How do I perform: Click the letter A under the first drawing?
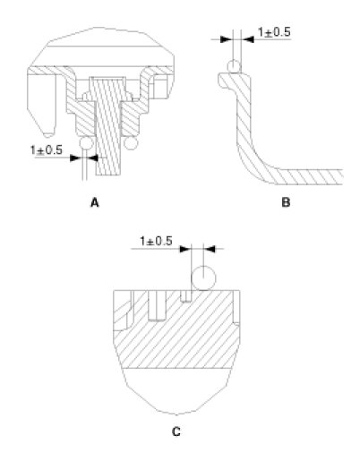pos(95,203)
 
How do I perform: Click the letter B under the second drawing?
pos(286,203)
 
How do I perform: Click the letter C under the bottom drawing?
pos(176,431)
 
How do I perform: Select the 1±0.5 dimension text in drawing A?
pos(47,149)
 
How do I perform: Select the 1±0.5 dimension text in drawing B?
pos(274,32)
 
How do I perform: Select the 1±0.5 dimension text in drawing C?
pos(157,241)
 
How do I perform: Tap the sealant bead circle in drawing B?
pos(234,66)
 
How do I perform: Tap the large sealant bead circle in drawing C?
pos(203,278)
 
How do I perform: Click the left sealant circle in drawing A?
pos(86,143)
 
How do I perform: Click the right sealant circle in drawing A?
pos(131,143)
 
